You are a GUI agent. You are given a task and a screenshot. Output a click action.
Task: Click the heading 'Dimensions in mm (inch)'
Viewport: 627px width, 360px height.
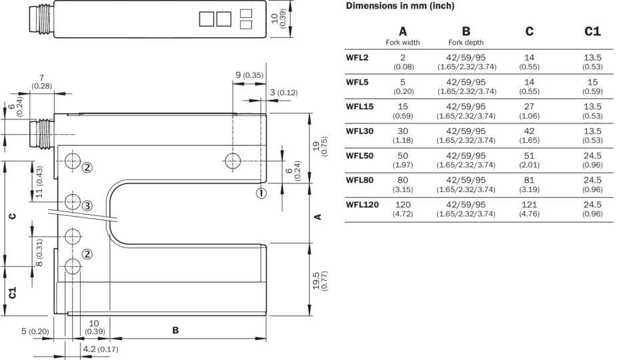[x=400, y=6]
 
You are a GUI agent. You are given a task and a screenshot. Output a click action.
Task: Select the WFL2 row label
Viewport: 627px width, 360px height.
[x=357, y=58]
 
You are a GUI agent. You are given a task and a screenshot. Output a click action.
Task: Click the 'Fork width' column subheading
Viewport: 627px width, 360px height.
[x=403, y=43]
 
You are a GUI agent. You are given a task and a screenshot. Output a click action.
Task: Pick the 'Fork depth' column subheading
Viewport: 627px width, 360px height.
[x=466, y=43]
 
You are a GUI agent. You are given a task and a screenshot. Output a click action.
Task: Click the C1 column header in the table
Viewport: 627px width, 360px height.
[x=592, y=31]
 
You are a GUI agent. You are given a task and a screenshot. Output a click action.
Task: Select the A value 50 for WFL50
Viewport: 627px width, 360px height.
[x=403, y=156]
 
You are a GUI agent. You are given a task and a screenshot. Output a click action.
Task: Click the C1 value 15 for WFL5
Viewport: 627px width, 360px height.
[x=592, y=82]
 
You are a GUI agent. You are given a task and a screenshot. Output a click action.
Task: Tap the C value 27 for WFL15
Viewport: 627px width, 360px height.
[x=530, y=107]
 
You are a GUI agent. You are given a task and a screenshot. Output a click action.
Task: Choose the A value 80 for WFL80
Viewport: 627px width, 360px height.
[x=403, y=181]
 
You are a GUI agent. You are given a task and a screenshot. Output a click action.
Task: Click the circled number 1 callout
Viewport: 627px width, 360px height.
[x=261, y=193]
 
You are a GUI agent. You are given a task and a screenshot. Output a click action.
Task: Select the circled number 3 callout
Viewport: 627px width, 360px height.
[x=87, y=205]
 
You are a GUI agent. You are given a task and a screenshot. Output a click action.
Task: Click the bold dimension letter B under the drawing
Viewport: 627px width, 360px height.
[x=175, y=330]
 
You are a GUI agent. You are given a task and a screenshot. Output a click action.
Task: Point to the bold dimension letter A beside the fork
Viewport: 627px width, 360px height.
[x=318, y=217]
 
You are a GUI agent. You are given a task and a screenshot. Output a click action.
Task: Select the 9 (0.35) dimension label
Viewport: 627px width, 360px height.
[x=249, y=75]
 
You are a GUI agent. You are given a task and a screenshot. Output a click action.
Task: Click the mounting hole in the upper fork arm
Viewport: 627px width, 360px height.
[x=233, y=161]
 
